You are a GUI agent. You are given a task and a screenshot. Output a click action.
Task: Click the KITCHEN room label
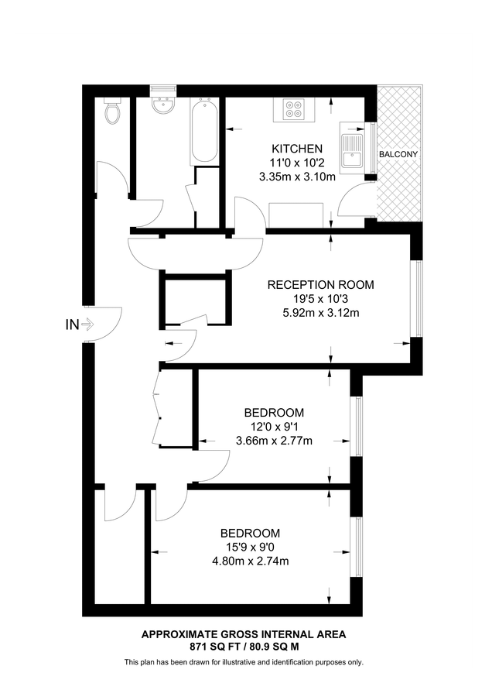click(x=296, y=149)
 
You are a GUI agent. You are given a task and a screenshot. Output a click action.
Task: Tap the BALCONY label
click(x=398, y=154)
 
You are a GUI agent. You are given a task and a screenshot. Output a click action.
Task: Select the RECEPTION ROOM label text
click(x=320, y=285)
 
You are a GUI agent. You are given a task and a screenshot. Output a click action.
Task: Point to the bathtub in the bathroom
click(x=203, y=129)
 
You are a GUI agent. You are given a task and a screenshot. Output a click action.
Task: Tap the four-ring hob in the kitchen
click(x=294, y=110)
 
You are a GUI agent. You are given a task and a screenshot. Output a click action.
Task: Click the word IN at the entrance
click(x=71, y=325)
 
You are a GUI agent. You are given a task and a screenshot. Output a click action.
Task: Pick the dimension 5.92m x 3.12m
click(x=320, y=313)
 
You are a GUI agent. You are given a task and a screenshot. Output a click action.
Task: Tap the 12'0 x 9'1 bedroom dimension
click(x=274, y=427)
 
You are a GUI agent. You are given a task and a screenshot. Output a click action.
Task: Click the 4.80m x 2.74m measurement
click(x=250, y=561)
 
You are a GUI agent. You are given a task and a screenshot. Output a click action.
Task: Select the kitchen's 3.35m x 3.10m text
click(x=296, y=177)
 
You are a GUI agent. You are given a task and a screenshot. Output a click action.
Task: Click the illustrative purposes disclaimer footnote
click(x=244, y=662)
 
